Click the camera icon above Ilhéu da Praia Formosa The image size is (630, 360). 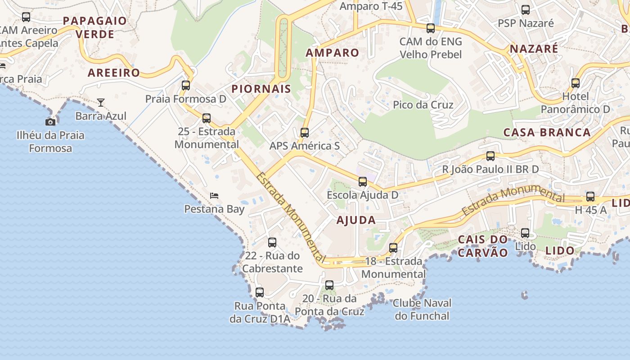click(x=50, y=122)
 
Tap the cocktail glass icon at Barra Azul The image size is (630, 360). click(x=101, y=103)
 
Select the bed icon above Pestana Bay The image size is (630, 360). click(x=214, y=196)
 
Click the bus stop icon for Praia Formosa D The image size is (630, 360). click(x=186, y=85)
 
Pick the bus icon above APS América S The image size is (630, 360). click(x=305, y=132)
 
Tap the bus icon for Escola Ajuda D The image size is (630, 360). click(x=363, y=182)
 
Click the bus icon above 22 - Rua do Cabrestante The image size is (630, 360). click(x=272, y=243)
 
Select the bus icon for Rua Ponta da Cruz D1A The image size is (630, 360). click(x=260, y=292)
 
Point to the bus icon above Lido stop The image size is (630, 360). click(x=525, y=233)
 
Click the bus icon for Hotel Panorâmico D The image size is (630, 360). click(x=576, y=83)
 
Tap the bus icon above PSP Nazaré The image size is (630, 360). click(x=526, y=9)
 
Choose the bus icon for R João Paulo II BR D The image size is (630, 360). click(x=490, y=156)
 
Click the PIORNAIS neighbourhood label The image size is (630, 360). click(x=261, y=89)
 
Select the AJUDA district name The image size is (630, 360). click(x=356, y=220)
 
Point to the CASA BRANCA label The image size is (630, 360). click(x=547, y=132)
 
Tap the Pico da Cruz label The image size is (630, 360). click(x=423, y=105)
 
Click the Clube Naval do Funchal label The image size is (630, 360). click(x=422, y=309)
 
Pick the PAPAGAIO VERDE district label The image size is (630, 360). click(x=95, y=27)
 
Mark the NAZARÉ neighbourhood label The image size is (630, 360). click(x=534, y=49)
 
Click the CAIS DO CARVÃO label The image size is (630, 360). click(x=483, y=246)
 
